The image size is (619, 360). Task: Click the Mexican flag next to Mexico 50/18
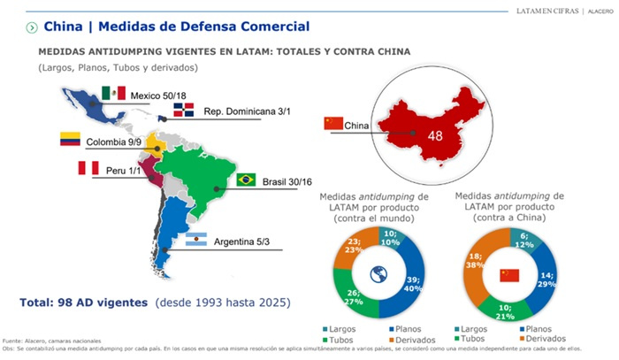[112, 93]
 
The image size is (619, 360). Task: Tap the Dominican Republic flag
[183, 111]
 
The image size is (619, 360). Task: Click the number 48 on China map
[435, 136]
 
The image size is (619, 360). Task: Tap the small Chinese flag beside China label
[334, 123]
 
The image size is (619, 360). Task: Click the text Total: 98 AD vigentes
[84, 302]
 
